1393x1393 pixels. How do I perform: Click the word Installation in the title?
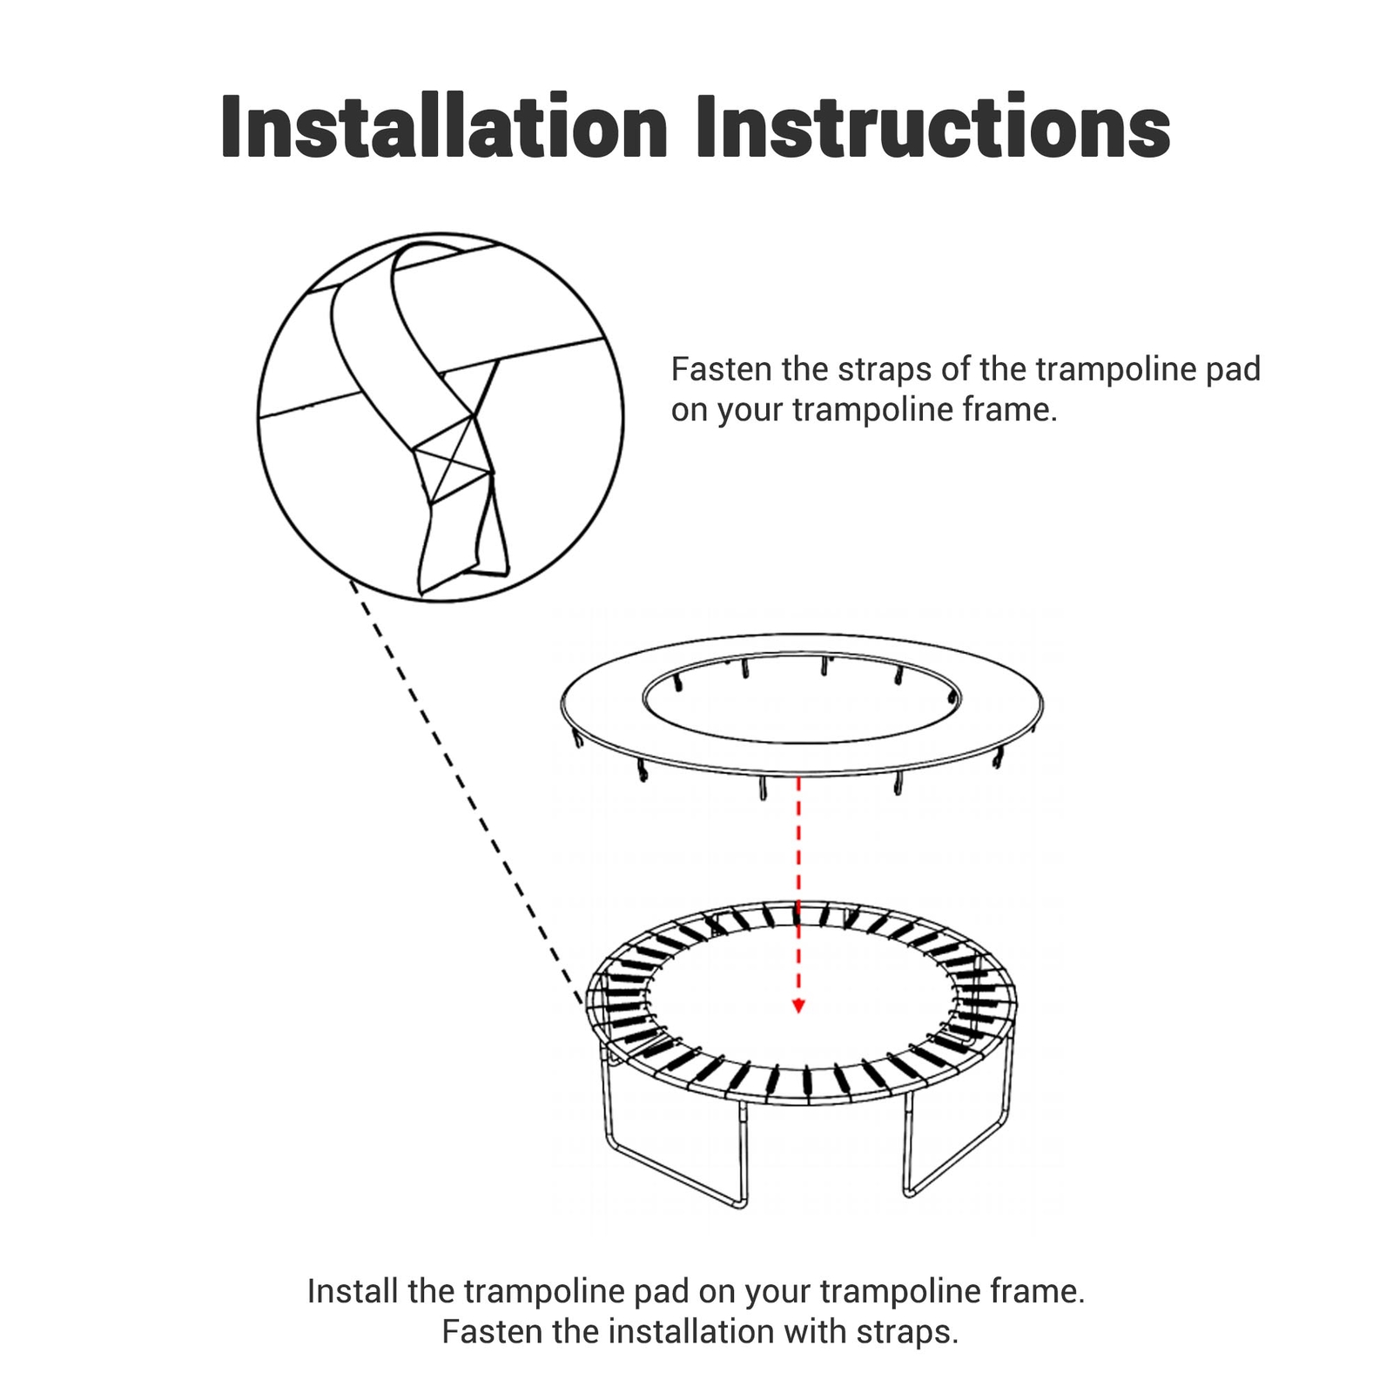[x=444, y=128]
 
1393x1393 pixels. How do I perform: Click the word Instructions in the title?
[x=932, y=128]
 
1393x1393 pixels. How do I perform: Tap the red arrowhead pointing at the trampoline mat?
[x=798, y=1006]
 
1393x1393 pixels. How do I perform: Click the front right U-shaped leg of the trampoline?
[x=958, y=1149]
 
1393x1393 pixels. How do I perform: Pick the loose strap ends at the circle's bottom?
[x=461, y=548]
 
